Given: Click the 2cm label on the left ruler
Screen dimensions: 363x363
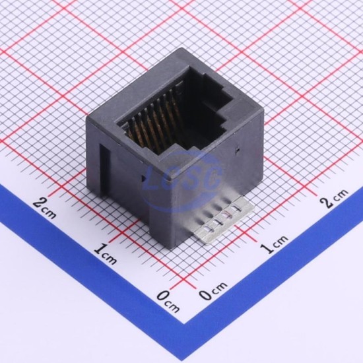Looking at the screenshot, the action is pos(44,209).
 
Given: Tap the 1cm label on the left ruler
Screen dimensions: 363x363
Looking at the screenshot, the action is pos(106,254).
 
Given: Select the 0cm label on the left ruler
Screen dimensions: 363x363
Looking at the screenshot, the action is pos(168,302).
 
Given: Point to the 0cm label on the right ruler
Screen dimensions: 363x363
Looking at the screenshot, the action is pos(213,290).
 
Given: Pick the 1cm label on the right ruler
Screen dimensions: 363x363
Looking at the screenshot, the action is pos(275,244).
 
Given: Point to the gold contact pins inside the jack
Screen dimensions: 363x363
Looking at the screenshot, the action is pos(154,120).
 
